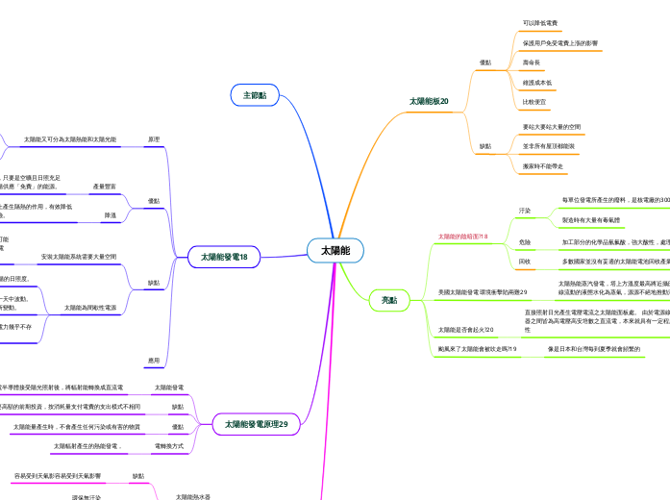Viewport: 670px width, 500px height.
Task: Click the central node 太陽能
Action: (x=335, y=251)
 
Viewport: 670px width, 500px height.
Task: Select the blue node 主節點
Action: (x=255, y=95)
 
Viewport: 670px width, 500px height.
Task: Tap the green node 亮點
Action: (x=389, y=301)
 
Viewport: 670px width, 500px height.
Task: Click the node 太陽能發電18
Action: (x=224, y=258)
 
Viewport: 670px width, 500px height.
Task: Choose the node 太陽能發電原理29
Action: (x=257, y=424)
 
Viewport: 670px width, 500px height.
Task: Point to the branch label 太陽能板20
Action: (x=429, y=101)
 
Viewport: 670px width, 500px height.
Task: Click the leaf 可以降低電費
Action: (x=540, y=23)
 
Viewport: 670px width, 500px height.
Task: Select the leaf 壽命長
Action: (x=532, y=62)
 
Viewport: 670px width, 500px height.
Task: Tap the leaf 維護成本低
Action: (x=537, y=83)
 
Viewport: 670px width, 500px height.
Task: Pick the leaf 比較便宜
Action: (x=534, y=102)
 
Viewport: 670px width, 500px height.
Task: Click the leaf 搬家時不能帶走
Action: (x=543, y=165)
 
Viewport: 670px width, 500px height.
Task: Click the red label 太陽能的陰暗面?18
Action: (x=463, y=236)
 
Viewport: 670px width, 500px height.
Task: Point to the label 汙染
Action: (x=525, y=210)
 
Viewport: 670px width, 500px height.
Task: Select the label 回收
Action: (x=525, y=262)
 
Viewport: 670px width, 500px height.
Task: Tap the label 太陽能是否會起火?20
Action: (x=465, y=330)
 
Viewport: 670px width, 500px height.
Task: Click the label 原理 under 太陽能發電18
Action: (x=154, y=140)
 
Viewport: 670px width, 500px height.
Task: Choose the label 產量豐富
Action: (x=105, y=187)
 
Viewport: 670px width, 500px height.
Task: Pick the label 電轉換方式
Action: (x=169, y=447)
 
